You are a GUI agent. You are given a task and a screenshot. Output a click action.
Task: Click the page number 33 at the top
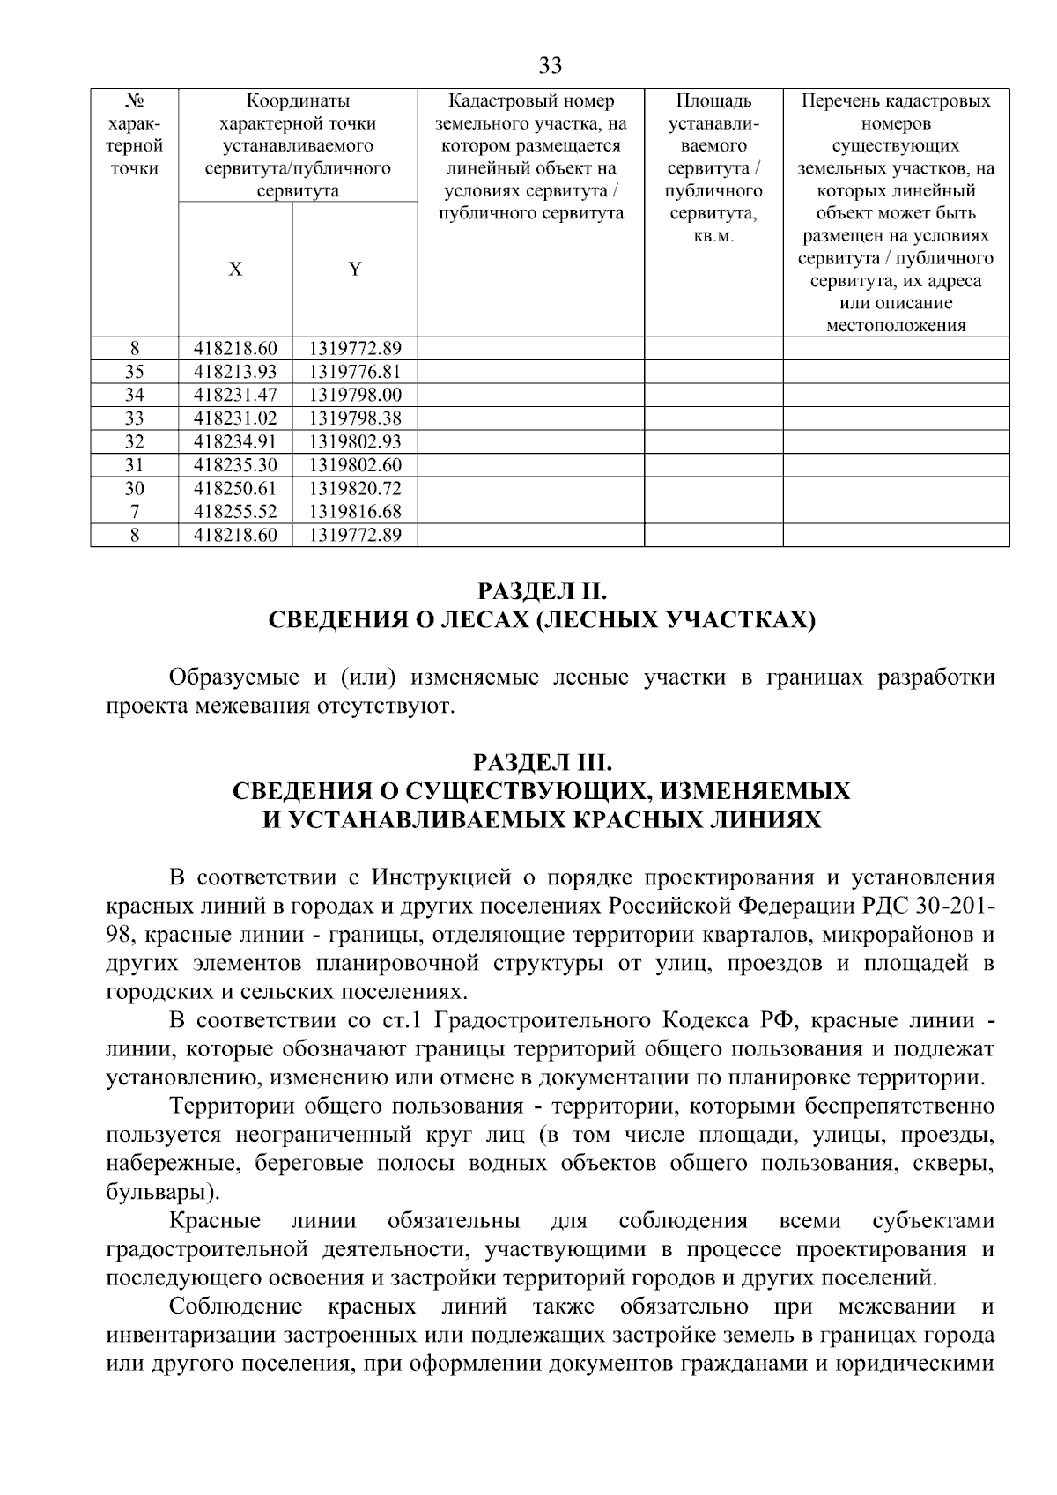(x=549, y=66)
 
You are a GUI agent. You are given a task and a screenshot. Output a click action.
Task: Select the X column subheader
(x=235, y=270)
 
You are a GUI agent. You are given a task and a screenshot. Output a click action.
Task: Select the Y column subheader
(x=354, y=270)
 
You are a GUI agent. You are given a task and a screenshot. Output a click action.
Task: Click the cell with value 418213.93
(x=235, y=372)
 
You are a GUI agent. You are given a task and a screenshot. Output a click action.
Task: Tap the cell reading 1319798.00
(x=354, y=395)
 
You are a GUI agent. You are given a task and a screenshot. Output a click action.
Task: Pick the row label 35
(x=135, y=372)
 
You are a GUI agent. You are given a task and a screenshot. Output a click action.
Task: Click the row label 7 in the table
(x=135, y=512)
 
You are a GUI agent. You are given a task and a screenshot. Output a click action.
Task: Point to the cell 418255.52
(x=235, y=512)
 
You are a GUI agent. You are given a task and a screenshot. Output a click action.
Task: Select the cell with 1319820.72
(x=354, y=488)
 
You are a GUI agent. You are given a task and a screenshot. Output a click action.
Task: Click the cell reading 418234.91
(x=235, y=441)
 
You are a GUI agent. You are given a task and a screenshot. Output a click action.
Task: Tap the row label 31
(x=135, y=465)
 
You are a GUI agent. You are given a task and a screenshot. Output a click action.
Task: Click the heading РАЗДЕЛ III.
(x=542, y=760)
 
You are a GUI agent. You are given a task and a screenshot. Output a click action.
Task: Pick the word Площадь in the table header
(x=713, y=101)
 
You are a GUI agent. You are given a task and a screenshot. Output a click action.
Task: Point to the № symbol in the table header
(x=135, y=101)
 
